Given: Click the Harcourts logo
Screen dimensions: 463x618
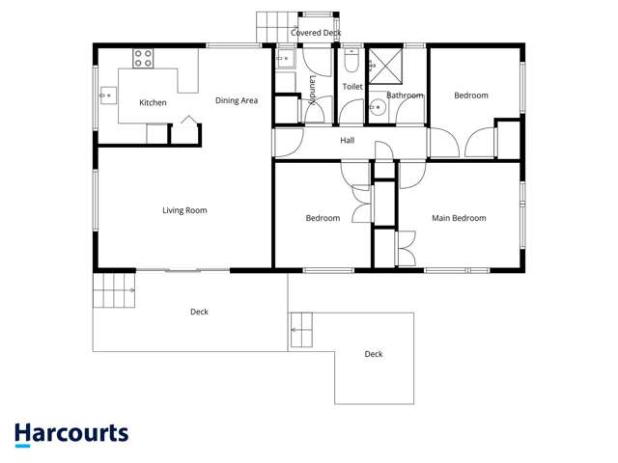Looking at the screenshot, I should [71, 434].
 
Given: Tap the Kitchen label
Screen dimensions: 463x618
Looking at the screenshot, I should [153, 103].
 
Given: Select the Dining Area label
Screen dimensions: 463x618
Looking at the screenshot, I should [236, 100].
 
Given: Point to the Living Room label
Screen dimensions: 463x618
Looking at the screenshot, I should [183, 210].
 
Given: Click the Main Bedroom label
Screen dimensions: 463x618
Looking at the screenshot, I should [459, 218].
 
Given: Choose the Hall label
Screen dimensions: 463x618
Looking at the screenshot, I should [348, 141].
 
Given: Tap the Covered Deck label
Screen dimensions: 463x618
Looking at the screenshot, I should [316, 33].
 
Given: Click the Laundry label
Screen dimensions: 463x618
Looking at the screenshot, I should [313, 88].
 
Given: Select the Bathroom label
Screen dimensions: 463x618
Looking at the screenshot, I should [405, 95].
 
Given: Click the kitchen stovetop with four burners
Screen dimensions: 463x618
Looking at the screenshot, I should [143, 58].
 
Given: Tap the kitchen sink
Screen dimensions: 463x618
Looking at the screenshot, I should [107, 95].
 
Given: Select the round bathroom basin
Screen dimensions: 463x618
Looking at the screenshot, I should [378, 109].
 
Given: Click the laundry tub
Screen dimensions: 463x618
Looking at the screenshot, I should [285, 59].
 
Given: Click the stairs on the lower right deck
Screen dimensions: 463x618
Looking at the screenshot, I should [303, 330].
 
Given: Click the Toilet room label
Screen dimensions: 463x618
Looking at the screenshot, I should [352, 87].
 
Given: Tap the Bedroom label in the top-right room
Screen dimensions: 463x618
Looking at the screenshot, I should [471, 95].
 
